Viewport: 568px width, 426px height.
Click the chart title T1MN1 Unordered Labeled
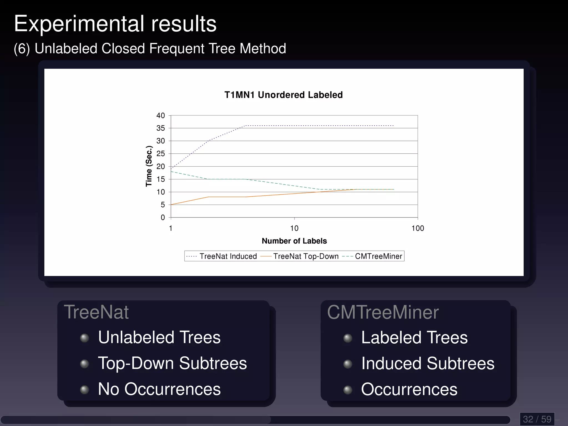(283, 95)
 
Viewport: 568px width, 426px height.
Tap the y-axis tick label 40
(161, 115)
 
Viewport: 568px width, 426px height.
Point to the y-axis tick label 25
(161, 154)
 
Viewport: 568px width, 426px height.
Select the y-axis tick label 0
(163, 217)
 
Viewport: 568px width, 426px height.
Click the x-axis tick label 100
(418, 228)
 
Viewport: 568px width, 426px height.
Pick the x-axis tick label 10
(294, 228)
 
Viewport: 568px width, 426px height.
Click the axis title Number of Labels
(294, 241)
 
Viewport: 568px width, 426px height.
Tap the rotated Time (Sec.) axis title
(149, 166)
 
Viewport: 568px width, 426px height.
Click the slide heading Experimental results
(115, 24)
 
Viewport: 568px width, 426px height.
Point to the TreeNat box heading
(96, 312)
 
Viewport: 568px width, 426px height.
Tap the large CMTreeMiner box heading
(383, 312)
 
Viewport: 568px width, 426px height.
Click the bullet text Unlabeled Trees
(159, 337)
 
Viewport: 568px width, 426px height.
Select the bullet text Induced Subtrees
(428, 363)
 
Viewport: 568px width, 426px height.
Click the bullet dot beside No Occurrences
(84, 390)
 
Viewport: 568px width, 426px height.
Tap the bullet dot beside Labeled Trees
(348, 338)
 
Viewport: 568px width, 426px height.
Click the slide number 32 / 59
(537, 419)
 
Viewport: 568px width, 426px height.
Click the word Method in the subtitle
(263, 49)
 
